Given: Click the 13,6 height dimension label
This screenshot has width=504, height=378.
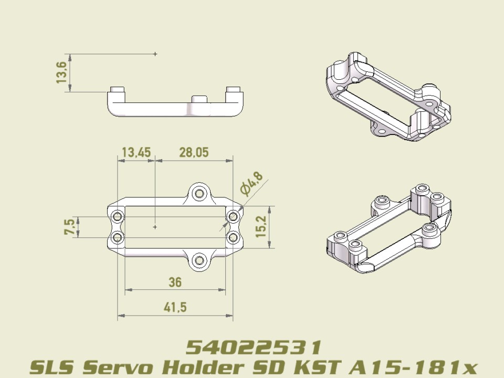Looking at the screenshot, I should (62, 72).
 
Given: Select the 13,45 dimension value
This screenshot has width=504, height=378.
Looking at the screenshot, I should (136, 153).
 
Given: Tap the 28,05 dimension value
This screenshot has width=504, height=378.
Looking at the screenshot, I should (194, 153).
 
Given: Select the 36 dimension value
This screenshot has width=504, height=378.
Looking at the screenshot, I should (175, 282).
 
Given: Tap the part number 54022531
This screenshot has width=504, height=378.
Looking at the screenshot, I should (254, 347).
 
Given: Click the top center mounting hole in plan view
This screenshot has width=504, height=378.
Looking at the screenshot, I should (199, 193).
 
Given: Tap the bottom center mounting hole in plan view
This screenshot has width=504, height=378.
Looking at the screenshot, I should (199, 260).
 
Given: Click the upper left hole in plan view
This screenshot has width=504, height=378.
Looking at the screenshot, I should (118, 216).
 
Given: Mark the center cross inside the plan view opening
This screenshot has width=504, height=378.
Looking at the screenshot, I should (155, 227).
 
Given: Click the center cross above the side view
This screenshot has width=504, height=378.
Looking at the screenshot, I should (155, 54).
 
